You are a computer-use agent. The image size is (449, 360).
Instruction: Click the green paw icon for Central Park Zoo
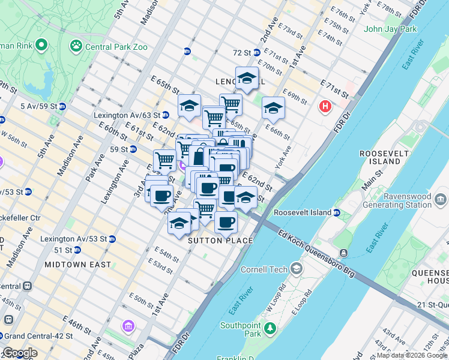(76, 45)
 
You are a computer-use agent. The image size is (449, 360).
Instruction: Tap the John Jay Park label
(390, 29)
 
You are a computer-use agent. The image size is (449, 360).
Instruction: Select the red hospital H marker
(325, 107)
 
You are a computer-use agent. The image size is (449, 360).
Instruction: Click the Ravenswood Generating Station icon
(441, 199)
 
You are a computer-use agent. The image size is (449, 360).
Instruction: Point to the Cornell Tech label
(264, 269)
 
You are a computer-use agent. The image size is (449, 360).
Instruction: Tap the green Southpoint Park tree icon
(270, 328)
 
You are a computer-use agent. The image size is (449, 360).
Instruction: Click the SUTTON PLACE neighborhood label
(220, 241)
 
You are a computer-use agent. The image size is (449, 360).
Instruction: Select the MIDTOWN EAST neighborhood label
(77, 264)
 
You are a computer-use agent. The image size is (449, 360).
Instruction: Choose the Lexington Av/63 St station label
(127, 115)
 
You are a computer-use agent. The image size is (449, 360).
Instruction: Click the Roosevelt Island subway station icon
(337, 212)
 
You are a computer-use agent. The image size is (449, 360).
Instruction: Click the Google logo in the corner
(19, 353)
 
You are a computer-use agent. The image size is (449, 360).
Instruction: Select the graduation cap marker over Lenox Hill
(247, 78)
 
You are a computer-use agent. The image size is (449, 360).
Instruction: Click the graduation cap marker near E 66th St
(273, 109)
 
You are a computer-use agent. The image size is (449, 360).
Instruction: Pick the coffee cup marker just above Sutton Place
(226, 223)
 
